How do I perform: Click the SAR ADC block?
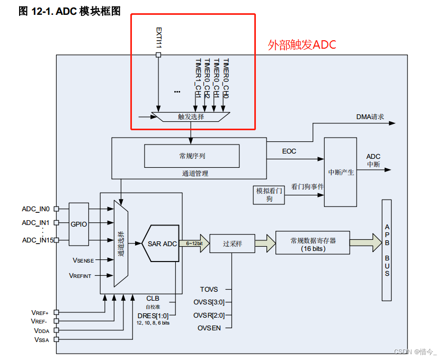click(162, 244)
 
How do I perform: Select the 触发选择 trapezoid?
click(191, 116)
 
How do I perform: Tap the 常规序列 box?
click(192, 156)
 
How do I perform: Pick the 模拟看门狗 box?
click(269, 194)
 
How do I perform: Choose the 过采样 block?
click(232, 244)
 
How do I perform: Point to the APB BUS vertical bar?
click(387, 250)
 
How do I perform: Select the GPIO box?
click(79, 224)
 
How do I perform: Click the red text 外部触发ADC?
click(302, 45)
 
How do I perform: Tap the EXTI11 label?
click(158, 37)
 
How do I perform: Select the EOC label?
click(289, 151)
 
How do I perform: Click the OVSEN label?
click(209, 328)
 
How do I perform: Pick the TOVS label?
click(209, 290)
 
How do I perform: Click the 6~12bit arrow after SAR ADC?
click(191, 244)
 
